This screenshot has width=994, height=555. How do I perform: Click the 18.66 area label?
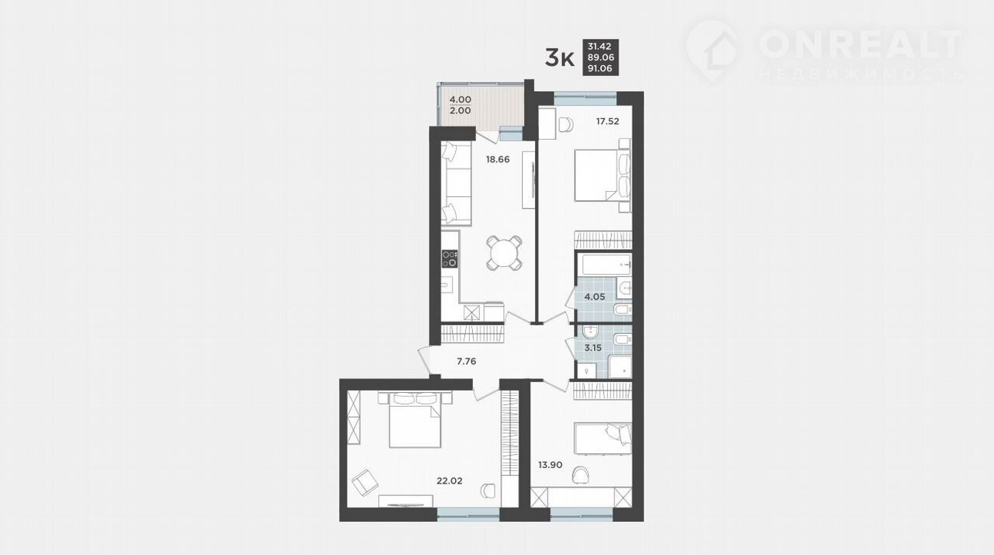pos(498,159)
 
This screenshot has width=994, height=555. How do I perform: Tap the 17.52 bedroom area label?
pos(607,121)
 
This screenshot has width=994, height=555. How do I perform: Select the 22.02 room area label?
pos(450,480)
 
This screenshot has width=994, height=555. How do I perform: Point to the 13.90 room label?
pos(551,465)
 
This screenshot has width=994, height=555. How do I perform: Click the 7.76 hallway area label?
pos(467,362)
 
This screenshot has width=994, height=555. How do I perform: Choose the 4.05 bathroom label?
pos(595,297)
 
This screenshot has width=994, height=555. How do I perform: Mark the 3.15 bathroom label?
pos(593,348)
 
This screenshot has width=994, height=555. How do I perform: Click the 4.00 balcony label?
pos(461,100)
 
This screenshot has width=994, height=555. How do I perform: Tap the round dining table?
pos(504,253)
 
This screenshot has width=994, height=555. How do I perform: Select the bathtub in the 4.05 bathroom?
pos(604,264)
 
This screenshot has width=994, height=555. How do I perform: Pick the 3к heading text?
pos(560,58)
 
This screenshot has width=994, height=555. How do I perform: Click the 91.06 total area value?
pos(600,69)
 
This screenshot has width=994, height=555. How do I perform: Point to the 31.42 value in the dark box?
pos(600,46)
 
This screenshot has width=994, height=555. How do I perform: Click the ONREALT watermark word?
pos(861,44)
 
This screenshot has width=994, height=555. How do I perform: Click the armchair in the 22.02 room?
pos(365,483)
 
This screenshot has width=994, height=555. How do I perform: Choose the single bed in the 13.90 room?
pos(603,439)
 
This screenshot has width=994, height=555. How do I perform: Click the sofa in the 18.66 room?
pos(456,184)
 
